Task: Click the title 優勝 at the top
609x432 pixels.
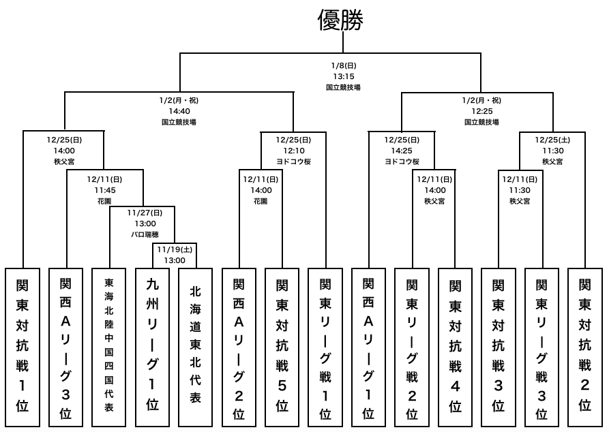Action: [341, 20]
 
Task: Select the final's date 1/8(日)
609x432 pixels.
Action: [343, 66]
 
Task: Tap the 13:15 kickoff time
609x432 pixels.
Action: [343, 77]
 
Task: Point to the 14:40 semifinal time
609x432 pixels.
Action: [179, 111]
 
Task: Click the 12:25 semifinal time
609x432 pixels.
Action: [481, 111]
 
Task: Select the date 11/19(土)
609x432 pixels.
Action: [175, 249]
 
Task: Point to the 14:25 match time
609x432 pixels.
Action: [401, 151]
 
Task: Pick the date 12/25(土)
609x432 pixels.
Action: [552, 140]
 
